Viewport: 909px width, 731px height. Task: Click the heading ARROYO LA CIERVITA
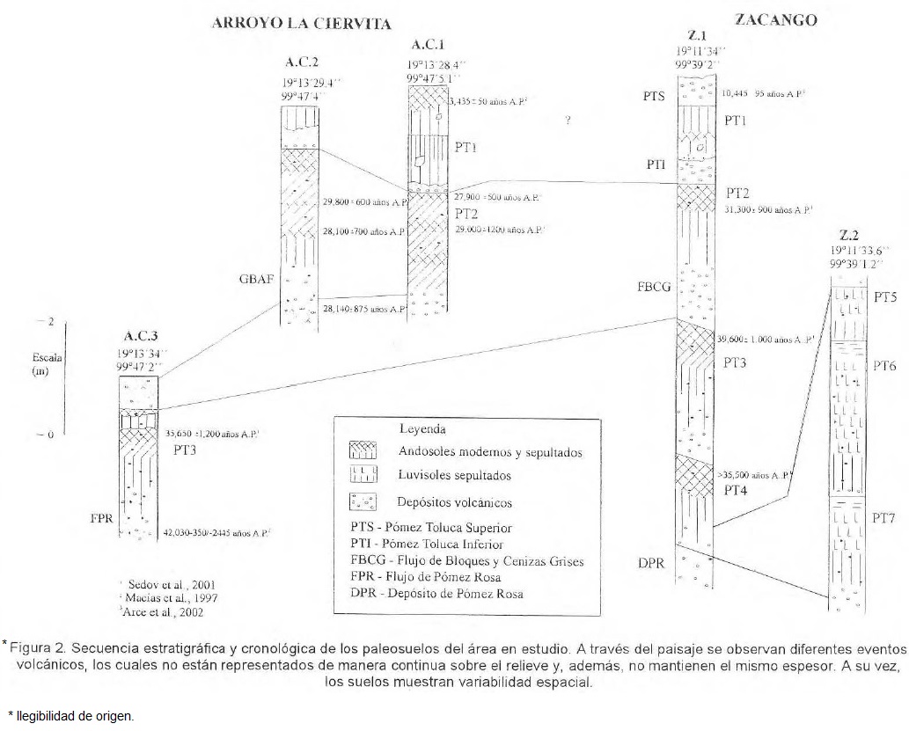(301, 24)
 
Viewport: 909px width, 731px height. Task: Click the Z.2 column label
(849, 235)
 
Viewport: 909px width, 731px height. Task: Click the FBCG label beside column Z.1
(653, 286)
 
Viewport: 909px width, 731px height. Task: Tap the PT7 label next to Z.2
(883, 520)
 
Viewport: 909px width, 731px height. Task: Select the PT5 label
(884, 298)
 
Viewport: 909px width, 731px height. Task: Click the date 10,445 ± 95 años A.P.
(763, 91)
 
